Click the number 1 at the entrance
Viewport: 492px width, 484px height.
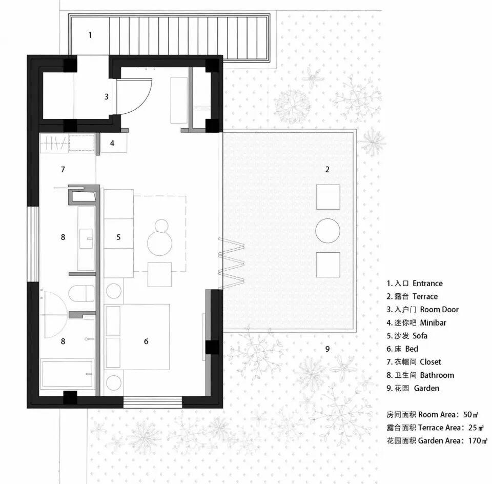point(90,35)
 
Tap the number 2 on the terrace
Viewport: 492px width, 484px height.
point(327,169)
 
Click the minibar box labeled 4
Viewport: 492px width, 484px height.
point(112,143)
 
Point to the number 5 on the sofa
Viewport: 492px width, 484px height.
point(118,237)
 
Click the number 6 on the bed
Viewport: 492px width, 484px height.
point(146,341)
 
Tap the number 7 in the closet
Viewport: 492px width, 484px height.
point(63,169)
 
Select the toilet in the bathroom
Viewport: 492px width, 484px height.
point(81,294)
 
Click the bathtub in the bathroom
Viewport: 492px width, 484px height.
point(68,375)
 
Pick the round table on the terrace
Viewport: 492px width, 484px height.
point(327,230)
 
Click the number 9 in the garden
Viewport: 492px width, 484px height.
point(327,349)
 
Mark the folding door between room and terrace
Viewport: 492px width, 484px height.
point(232,262)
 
